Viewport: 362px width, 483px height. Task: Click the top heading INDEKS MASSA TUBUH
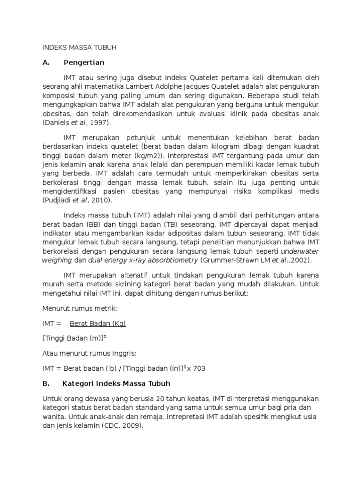(79, 48)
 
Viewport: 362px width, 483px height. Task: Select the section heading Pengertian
(83, 63)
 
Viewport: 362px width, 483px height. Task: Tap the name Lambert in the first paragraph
(144, 87)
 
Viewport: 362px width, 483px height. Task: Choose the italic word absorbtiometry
(172, 260)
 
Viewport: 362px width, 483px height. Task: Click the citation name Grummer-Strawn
(228, 260)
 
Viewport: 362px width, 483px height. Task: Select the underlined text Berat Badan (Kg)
(98, 324)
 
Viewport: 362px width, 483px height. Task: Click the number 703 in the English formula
(200, 369)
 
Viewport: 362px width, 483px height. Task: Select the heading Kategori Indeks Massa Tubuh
(116, 383)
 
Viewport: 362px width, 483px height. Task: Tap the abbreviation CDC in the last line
(113, 425)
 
